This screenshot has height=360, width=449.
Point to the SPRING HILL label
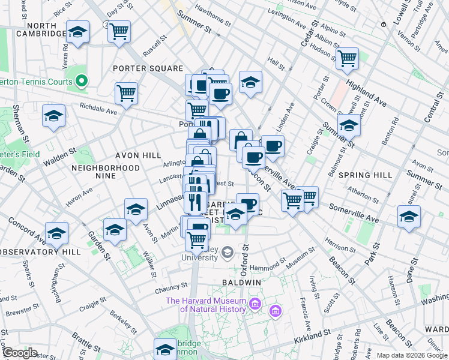[x=365, y=175]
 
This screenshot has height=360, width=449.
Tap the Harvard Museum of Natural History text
[x=206, y=305]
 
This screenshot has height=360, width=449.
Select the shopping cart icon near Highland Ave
[x=347, y=58]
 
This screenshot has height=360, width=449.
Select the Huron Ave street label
[x=79, y=197]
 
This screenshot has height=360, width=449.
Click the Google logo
[x=19, y=353]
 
